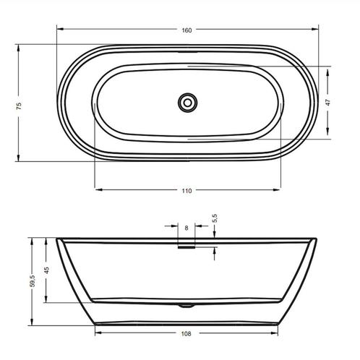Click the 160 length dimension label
coord(187,30)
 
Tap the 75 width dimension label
coord(19,106)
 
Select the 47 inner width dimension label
coord(327,103)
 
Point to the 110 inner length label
coord(187,191)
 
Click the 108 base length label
coord(187,334)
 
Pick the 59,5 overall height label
coord(33,280)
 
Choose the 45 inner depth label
coord(47,270)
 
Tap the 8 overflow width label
coord(187,228)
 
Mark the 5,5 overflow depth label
coord(215,218)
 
